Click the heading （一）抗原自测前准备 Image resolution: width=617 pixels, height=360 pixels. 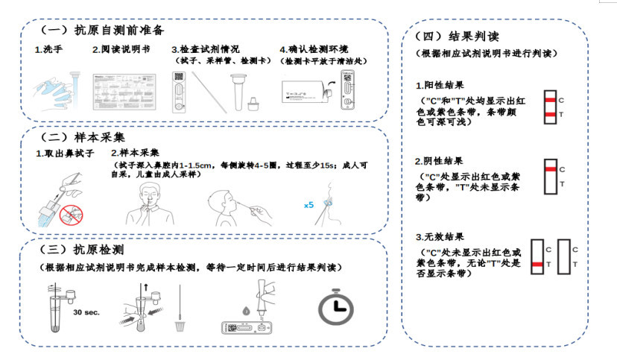(x=102, y=30)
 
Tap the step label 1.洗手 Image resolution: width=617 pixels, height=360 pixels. (x=48, y=49)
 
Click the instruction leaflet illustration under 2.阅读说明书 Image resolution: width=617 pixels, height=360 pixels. (x=124, y=92)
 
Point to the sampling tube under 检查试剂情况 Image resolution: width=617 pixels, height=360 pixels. (x=238, y=92)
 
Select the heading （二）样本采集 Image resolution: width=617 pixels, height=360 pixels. (x=83, y=137)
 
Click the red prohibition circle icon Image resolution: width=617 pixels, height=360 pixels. (x=72, y=215)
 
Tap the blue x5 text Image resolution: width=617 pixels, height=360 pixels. (x=309, y=205)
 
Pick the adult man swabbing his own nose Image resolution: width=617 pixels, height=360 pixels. (x=150, y=203)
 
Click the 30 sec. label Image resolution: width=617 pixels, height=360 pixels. (x=86, y=312)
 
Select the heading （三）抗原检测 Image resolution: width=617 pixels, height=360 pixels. (x=82, y=250)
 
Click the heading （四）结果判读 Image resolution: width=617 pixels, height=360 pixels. (x=457, y=37)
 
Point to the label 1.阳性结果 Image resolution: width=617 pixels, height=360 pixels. (x=440, y=85)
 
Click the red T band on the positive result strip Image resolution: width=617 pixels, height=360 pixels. (x=550, y=115)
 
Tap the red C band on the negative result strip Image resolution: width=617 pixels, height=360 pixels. (x=551, y=169)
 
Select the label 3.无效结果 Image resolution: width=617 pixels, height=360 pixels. (x=440, y=237)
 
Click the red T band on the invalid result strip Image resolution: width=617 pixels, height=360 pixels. (x=537, y=264)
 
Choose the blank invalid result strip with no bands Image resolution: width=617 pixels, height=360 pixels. (x=564, y=256)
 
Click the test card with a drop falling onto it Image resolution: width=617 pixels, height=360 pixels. (x=247, y=327)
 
